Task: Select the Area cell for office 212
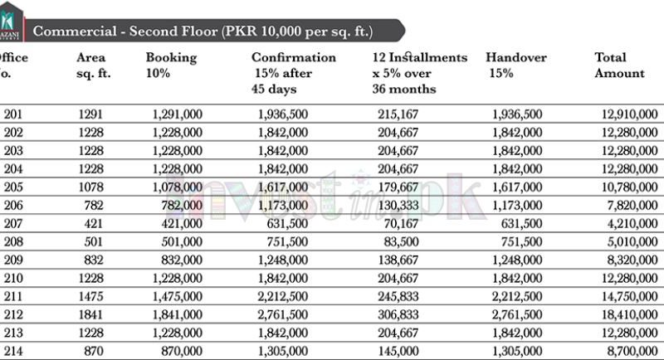tap(93, 315)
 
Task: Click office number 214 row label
tap(13, 352)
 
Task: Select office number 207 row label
tap(13, 224)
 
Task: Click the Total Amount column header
tap(619, 65)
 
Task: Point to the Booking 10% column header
tap(171, 65)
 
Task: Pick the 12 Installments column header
tap(420, 73)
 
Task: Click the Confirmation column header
tap(293, 73)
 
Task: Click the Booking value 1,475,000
tap(178, 297)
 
